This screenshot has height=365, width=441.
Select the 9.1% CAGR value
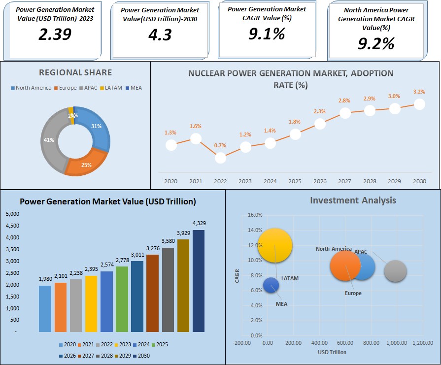coord(266,33)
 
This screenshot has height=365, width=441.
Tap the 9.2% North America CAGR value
coord(376,44)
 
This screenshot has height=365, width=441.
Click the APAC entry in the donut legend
coord(89,88)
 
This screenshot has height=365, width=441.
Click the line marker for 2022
coord(220,158)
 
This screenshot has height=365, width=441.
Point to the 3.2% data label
coord(419,92)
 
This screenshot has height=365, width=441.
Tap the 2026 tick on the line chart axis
coord(320,182)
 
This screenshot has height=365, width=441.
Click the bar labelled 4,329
coord(199,281)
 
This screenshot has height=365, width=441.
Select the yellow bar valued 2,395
coord(92,303)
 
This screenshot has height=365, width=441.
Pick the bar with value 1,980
coord(45,308)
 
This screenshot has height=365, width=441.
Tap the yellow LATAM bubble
coord(275,245)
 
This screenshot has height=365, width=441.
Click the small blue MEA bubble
coord(271,285)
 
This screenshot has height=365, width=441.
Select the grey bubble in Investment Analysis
coord(395,271)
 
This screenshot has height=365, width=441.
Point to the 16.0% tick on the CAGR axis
coord(255,215)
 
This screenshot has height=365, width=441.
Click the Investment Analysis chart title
coord(353,200)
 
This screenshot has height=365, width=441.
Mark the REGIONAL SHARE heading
coord(75,73)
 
